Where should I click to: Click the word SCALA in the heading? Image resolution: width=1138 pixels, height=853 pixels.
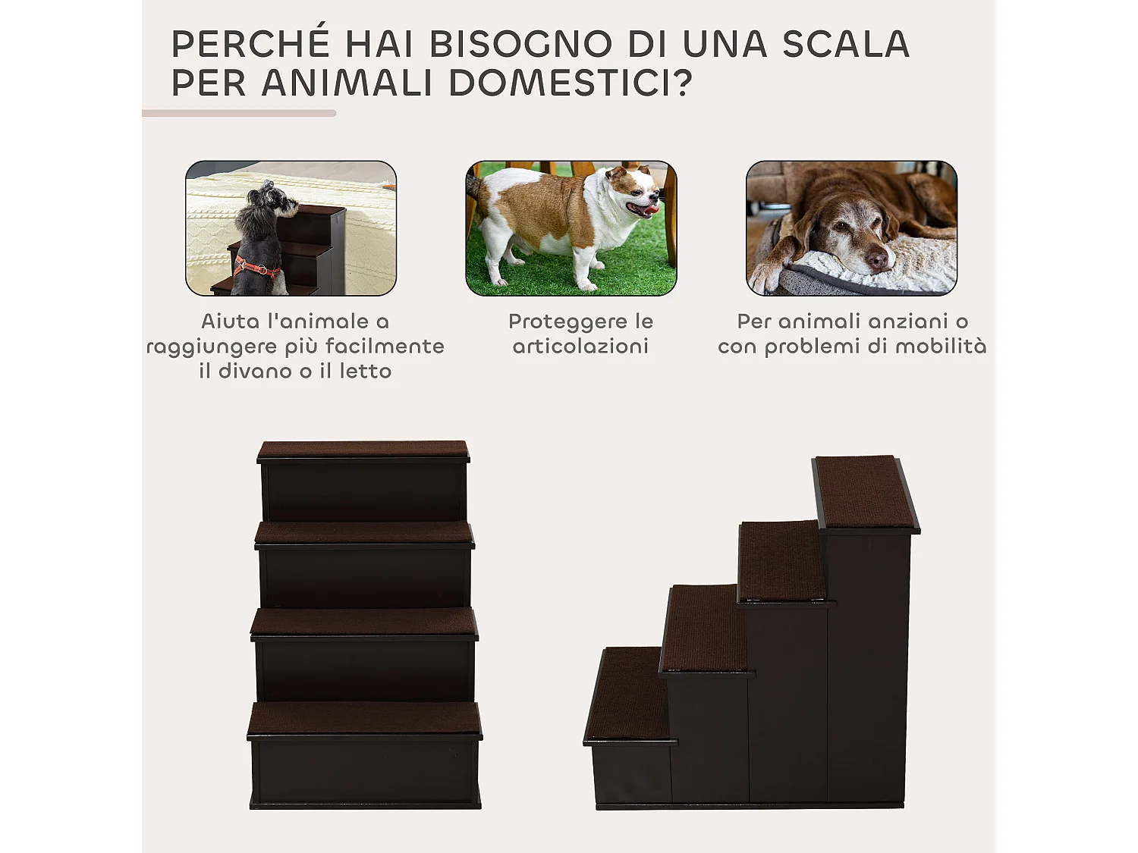click(845, 45)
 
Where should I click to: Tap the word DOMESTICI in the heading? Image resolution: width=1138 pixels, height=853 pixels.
click(560, 83)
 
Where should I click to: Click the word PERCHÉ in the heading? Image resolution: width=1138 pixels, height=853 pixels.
click(250, 45)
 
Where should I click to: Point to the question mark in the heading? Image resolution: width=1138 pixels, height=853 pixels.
click(683, 83)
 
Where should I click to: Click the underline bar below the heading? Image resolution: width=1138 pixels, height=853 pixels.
click(239, 114)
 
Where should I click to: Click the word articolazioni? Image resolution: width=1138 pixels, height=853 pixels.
click(580, 347)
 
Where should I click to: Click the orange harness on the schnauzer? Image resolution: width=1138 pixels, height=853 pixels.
click(256, 267)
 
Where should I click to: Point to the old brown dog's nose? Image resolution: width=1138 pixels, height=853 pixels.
click(878, 260)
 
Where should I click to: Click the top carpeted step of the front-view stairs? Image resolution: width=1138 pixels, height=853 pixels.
click(363, 450)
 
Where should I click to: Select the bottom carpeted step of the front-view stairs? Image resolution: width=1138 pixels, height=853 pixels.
click(364, 717)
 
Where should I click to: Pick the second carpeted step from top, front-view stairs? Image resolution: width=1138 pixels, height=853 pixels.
click(364, 532)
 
